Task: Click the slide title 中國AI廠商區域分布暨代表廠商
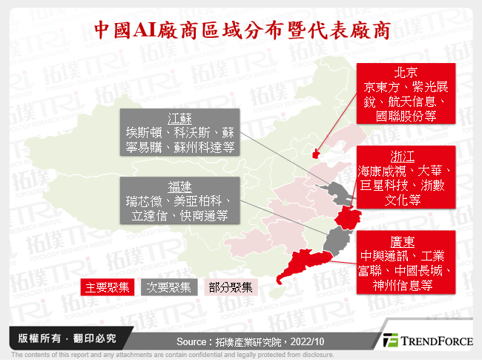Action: [241, 29]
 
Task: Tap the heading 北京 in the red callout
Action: [406, 73]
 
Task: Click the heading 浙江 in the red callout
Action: [369, 157]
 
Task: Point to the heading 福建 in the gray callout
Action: [180, 186]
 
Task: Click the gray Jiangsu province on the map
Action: [340, 194]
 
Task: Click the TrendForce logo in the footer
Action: [426, 341]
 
